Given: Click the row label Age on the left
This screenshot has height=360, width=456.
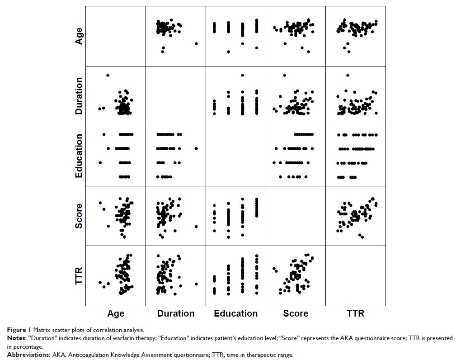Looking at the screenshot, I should tap(79, 36).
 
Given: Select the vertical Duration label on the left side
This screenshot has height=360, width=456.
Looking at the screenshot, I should tap(79, 96).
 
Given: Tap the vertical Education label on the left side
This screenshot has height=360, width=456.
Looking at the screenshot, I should tap(79, 156).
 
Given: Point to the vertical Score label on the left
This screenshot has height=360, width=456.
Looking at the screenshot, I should tap(79, 216).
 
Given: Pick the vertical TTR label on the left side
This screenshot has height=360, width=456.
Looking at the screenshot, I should tap(79, 276).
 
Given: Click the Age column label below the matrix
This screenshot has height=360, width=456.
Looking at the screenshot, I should tap(116, 313).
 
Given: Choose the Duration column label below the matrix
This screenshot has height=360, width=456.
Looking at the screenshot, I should tap(176, 313).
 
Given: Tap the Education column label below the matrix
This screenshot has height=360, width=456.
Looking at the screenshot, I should tap(236, 313).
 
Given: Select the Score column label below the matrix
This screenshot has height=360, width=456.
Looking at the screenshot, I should tap(296, 313).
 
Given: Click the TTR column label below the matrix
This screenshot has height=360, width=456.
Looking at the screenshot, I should tap(356, 313).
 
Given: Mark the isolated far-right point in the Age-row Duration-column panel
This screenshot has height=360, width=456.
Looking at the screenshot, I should tap(196, 43).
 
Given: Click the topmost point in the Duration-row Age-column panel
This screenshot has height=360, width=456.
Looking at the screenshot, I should tap(108, 75).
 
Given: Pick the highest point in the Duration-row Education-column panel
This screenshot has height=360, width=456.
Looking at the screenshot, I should tap(243, 75).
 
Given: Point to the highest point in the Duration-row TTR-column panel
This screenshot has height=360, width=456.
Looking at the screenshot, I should tap(348, 75).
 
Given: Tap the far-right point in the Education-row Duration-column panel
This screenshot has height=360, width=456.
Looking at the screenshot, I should tap(196, 148).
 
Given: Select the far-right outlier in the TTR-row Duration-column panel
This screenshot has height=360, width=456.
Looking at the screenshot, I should tap(196, 284).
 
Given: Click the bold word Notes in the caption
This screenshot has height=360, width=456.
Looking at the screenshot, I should tap(16, 338).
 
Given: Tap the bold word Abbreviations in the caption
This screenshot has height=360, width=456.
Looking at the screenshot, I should tap(25, 355).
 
